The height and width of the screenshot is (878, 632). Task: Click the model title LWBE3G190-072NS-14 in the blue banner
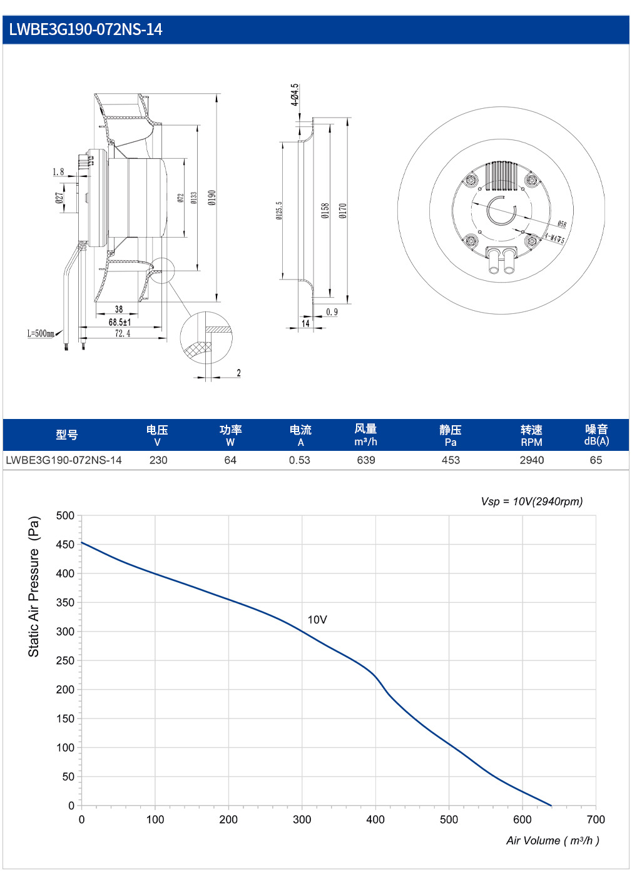click(x=86, y=29)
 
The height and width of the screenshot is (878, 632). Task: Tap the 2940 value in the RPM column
click(x=532, y=460)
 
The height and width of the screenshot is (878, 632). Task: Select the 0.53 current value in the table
click(x=299, y=460)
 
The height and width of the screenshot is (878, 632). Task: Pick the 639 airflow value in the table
click(x=365, y=460)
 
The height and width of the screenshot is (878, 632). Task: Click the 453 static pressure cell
click(x=451, y=460)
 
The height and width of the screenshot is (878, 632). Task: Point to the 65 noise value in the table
click(x=596, y=460)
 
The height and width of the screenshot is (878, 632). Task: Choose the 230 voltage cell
click(x=158, y=460)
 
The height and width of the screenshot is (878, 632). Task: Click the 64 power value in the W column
click(x=230, y=460)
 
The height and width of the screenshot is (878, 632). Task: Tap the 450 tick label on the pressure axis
click(x=65, y=545)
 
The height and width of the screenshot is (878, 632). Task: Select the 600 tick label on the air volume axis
click(x=522, y=819)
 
